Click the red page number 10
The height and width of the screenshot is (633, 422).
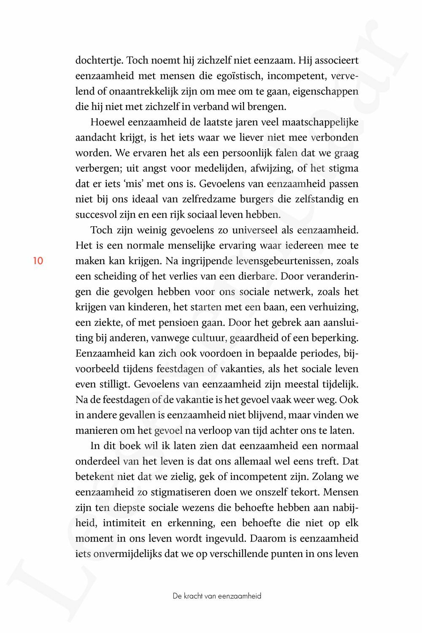(x=38, y=261)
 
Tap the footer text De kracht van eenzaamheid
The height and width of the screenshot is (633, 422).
(x=217, y=596)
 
